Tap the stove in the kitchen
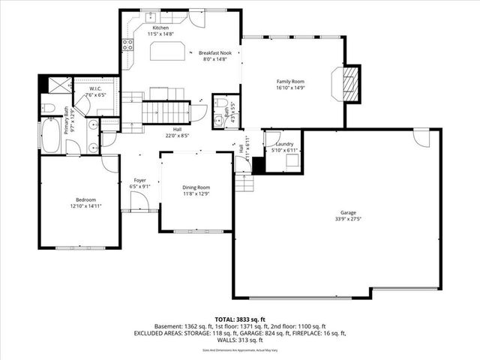click(128, 44)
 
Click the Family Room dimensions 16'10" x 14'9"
click(290, 87)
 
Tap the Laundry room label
click(284, 143)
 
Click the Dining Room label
click(196, 187)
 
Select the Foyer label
click(139, 180)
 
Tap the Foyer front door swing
click(138, 201)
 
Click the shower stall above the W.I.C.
click(58, 85)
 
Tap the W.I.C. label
click(95, 88)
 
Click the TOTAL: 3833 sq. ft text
click(239, 319)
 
